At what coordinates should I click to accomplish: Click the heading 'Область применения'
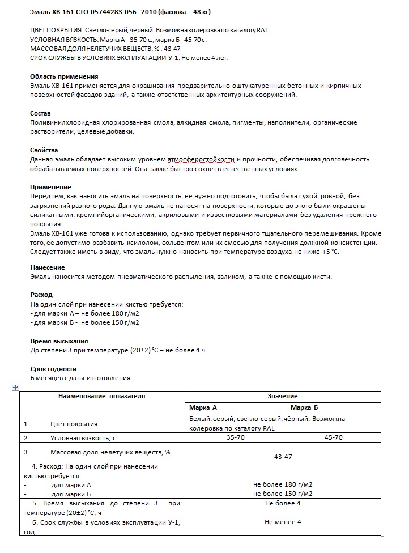[x=64, y=76]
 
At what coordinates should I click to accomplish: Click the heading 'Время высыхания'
[x=59, y=341]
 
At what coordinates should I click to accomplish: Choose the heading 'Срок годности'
[x=53, y=369]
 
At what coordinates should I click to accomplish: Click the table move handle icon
[x=16, y=387]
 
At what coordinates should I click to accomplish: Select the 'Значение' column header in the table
[x=283, y=396]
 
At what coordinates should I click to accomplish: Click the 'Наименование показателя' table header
[x=102, y=396]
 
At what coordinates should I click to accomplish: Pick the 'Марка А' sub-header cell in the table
[x=203, y=408]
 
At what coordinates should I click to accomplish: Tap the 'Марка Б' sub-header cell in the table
[x=304, y=408]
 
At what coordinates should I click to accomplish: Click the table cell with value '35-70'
[x=235, y=437]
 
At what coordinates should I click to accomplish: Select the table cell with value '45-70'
[x=333, y=437]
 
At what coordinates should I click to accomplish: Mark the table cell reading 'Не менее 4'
[x=283, y=522]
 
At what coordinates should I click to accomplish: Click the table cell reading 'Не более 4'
[x=283, y=503]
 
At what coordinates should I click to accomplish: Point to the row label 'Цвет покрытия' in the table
[x=74, y=424]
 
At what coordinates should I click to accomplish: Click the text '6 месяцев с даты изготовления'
[x=80, y=378]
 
